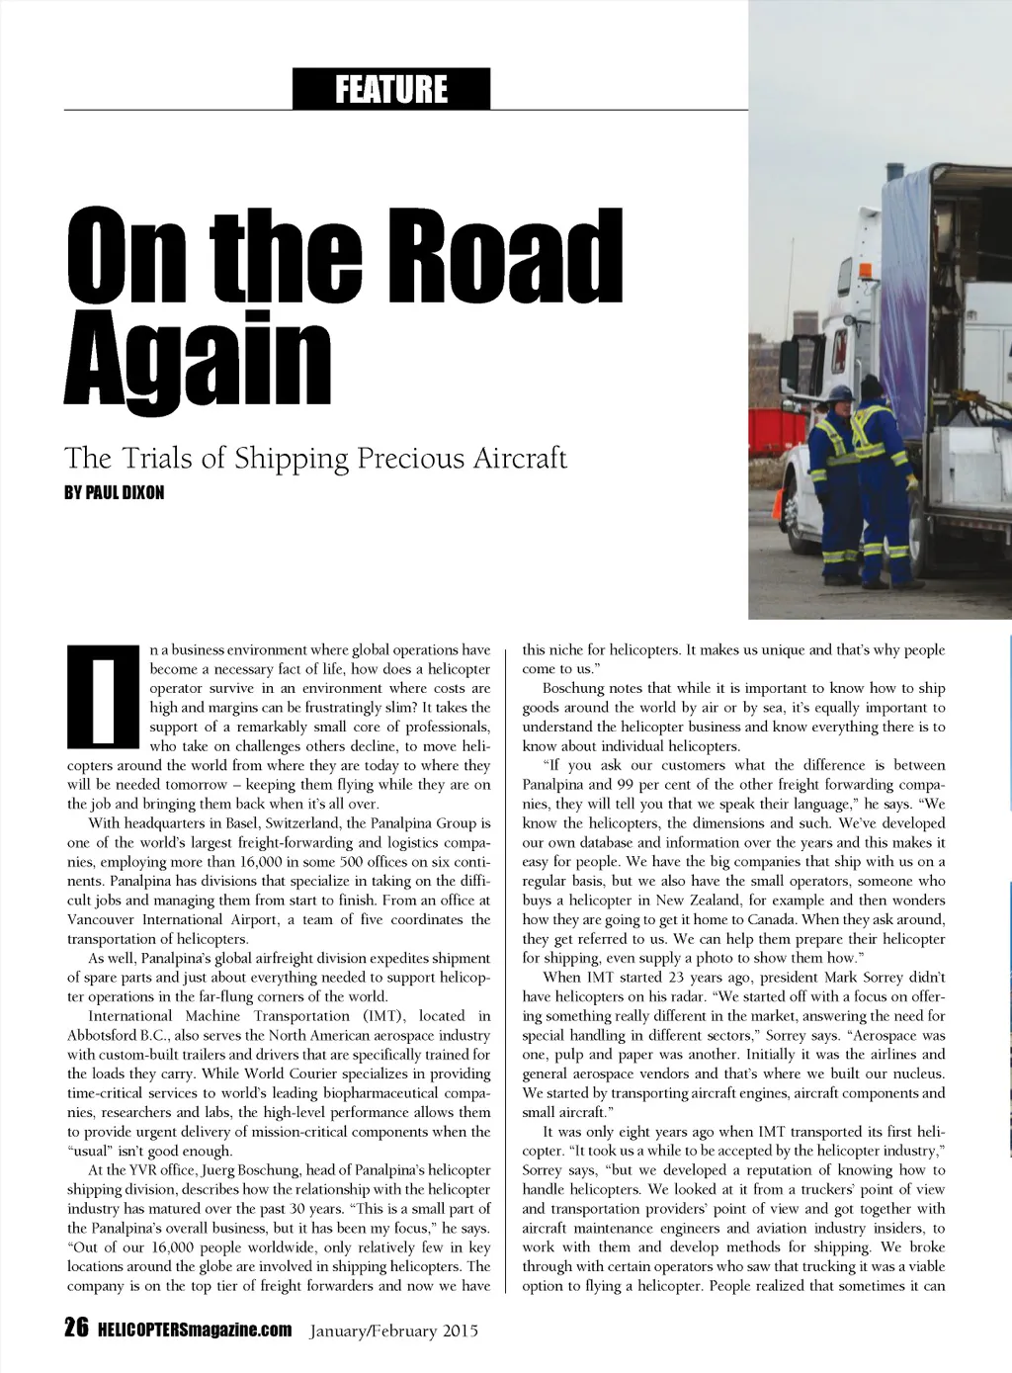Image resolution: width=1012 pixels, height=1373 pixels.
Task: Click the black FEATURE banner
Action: [x=391, y=89]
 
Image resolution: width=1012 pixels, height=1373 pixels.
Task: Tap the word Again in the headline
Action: [x=197, y=359]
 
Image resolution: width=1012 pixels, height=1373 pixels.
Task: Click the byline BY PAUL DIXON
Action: [x=114, y=492]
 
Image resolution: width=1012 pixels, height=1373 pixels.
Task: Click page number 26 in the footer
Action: [x=76, y=1329]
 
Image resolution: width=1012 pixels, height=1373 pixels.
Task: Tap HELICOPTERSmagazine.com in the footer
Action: [x=195, y=1330]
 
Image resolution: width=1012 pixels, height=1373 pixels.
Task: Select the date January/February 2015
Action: [x=394, y=1330]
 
